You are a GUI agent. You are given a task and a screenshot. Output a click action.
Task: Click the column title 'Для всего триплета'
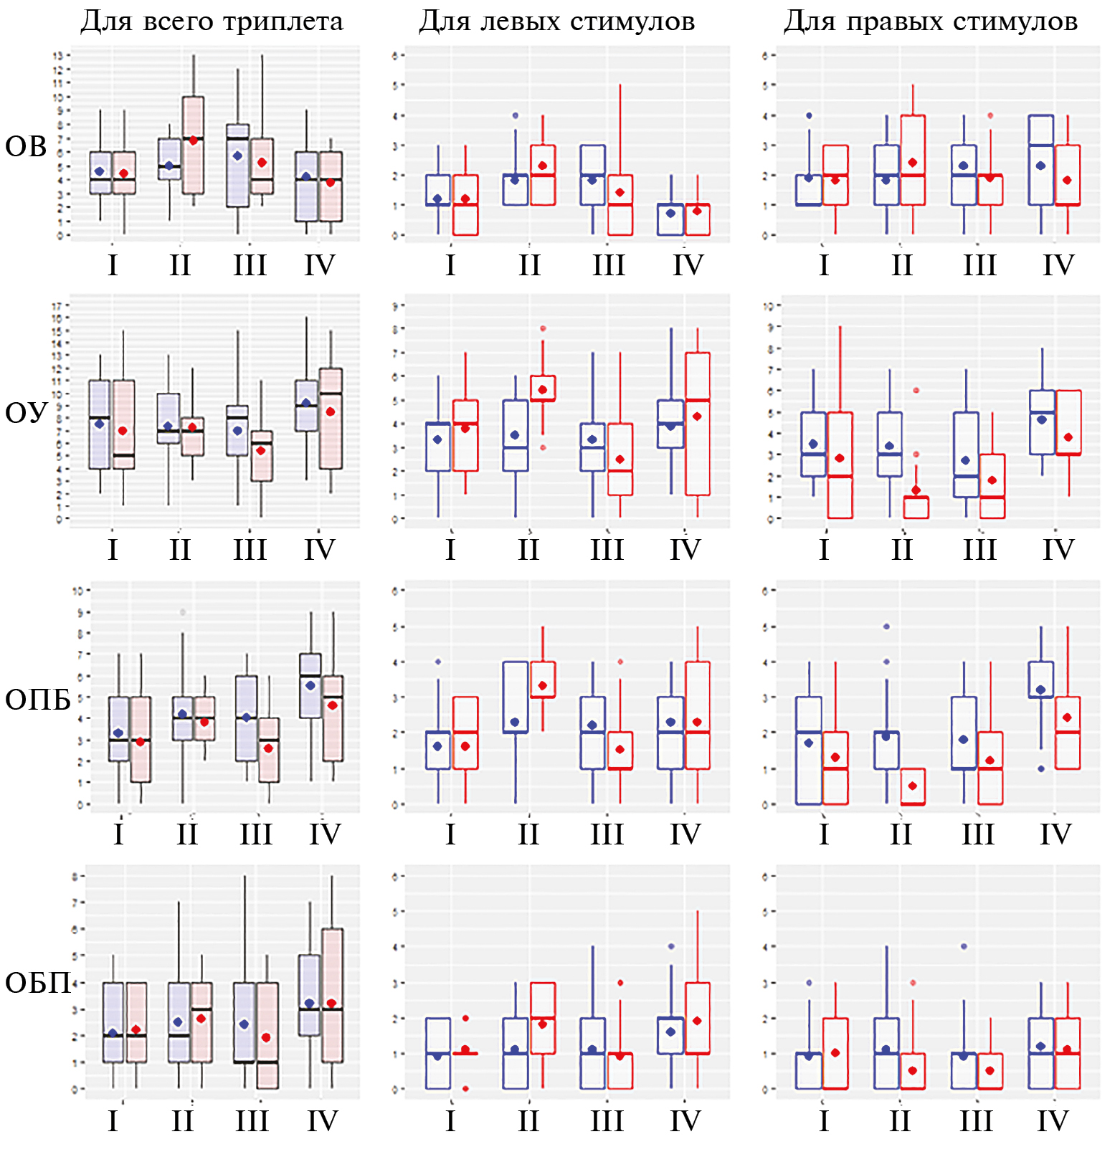tap(212, 22)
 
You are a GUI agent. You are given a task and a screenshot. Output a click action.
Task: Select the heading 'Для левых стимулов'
tap(556, 22)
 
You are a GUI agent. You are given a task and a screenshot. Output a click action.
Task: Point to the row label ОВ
tap(26, 147)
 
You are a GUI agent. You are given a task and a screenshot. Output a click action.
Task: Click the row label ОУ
tap(26, 413)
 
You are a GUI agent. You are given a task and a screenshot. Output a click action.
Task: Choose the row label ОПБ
tap(37, 700)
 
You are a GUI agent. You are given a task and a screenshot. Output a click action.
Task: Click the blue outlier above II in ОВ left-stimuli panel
tap(515, 115)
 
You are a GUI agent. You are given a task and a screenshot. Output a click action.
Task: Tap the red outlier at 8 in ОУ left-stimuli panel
tap(543, 328)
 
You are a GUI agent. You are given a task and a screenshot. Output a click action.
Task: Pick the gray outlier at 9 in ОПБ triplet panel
tap(183, 612)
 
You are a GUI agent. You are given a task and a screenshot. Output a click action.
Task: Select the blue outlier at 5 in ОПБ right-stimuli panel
tap(886, 627)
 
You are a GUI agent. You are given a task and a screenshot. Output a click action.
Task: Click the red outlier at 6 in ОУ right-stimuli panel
tap(916, 391)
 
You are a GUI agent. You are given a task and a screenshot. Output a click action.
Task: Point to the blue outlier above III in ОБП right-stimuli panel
tap(964, 946)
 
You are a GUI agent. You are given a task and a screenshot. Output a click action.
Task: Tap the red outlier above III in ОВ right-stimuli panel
tap(990, 115)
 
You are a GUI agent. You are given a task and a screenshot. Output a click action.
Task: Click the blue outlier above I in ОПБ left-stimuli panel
tap(438, 662)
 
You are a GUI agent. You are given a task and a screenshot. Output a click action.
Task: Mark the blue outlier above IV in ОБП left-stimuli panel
tap(671, 946)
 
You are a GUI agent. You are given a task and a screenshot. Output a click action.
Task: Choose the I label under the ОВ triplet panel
tap(113, 265)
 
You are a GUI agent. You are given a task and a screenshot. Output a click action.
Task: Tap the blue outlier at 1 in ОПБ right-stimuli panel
tap(1041, 768)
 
